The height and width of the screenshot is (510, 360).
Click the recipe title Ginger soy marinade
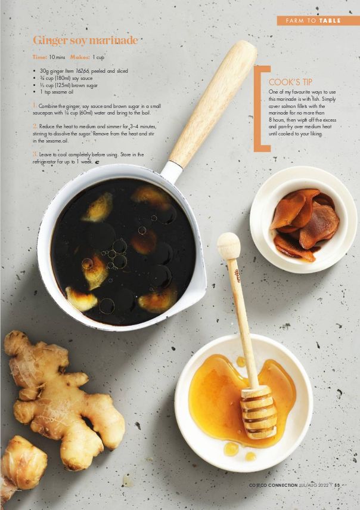85,41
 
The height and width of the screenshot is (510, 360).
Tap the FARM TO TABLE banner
318,21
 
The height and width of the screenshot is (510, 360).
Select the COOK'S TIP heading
290,82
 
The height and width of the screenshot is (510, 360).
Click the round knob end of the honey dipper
229,246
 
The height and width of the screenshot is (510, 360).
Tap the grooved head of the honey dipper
259,412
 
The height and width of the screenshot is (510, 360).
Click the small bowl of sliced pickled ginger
303,220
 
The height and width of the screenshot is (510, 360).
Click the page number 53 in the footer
337,486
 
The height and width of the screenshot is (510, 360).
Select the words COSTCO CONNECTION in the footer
273,486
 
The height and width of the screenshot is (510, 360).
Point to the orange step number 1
35,106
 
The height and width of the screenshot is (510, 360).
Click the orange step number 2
35,126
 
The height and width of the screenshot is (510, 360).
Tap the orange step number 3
35,154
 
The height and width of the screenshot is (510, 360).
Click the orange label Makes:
80,57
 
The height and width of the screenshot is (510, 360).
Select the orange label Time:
40,57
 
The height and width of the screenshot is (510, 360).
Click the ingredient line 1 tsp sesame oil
57,92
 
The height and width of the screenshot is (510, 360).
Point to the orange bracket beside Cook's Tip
259,109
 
